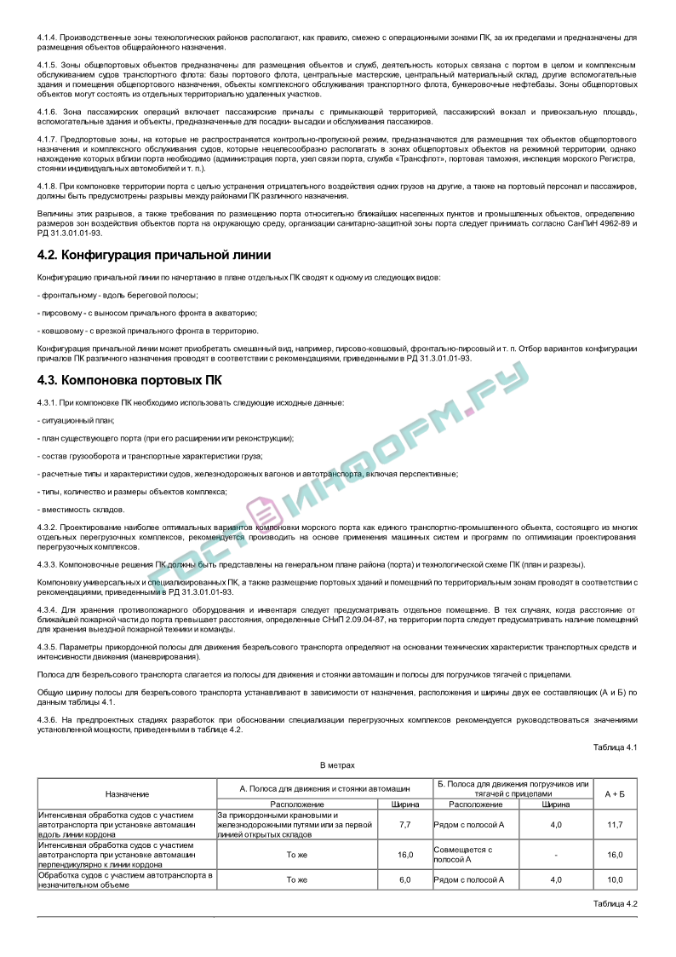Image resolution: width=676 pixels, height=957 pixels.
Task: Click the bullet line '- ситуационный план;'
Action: click(x=76, y=420)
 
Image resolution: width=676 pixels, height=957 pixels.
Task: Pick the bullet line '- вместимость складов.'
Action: click(x=81, y=510)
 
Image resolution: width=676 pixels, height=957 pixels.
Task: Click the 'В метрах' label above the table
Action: click(x=337, y=765)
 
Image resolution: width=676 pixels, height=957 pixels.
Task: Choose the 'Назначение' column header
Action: click(x=127, y=793)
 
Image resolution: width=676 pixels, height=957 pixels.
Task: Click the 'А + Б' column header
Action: click(x=615, y=793)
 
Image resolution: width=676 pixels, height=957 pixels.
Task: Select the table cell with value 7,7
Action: click(x=404, y=824)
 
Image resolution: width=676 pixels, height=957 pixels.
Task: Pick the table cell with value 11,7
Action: click(x=615, y=824)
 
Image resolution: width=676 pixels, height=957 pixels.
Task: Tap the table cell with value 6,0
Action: click(x=404, y=879)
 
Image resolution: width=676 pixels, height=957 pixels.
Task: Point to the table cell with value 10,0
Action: click(x=615, y=879)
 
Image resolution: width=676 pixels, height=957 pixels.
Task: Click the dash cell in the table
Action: click(x=556, y=854)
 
